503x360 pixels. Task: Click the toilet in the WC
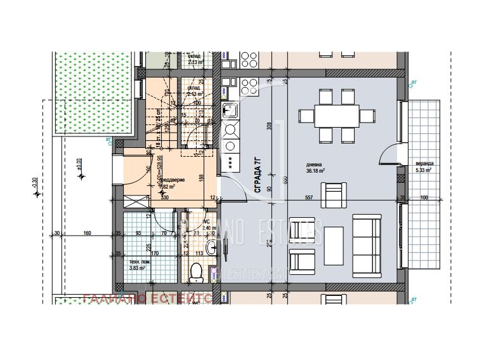pyautogui.click(x=197, y=271)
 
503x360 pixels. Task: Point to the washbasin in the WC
pyautogui.click(x=212, y=246)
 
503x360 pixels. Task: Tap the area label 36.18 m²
pyautogui.click(x=315, y=171)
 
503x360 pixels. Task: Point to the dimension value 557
pyautogui.click(x=309, y=198)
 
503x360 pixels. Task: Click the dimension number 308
pyautogui.click(x=269, y=126)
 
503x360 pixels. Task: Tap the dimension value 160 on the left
pyautogui.click(x=88, y=233)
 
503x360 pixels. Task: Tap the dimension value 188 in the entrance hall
pyautogui.click(x=201, y=178)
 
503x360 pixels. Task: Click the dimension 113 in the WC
pyautogui.click(x=197, y=252)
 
